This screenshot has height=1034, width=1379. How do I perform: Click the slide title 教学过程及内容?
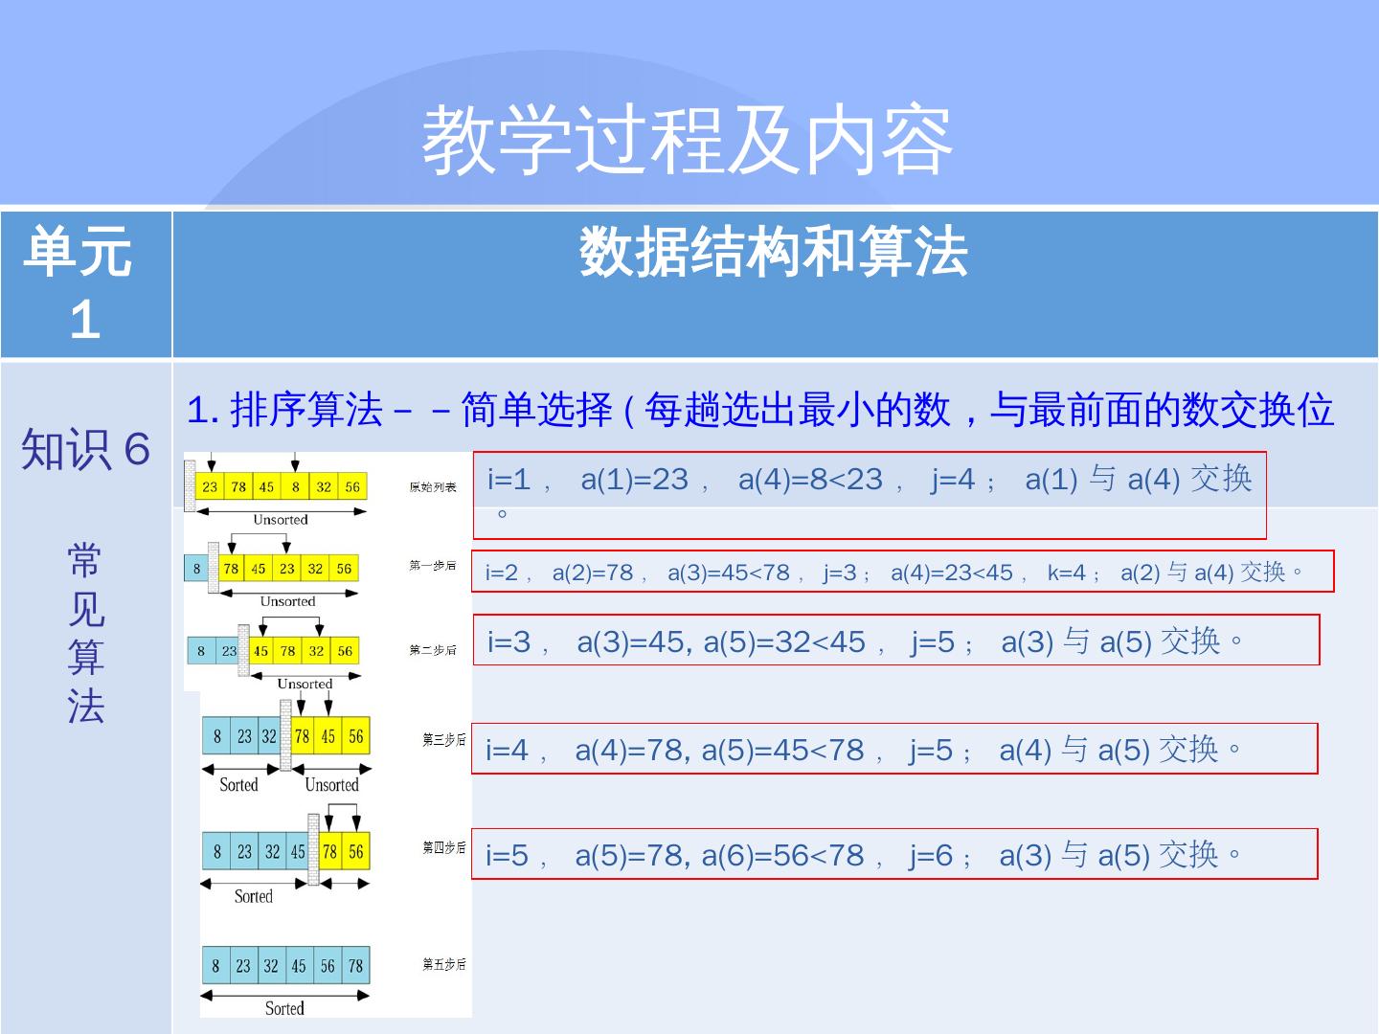(688, 141)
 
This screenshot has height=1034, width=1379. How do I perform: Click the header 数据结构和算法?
(774, 253)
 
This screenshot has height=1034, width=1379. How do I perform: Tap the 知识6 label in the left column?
(85, 448)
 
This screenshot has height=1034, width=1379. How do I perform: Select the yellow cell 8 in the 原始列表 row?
(296, 486)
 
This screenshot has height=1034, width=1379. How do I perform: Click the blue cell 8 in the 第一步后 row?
(197, 568)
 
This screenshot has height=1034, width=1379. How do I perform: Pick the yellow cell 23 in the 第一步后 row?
(287, 568)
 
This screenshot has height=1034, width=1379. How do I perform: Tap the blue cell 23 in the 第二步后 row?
(229, 651)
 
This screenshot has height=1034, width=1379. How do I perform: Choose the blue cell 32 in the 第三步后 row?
(269, 736)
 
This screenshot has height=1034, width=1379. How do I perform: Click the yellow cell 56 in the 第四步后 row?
(356, 851)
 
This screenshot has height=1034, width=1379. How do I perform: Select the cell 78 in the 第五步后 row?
(355, 966)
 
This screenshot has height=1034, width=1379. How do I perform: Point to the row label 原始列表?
(433, 487)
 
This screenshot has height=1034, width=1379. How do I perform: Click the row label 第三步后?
(444, 739)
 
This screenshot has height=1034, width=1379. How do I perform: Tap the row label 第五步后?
(444, 964)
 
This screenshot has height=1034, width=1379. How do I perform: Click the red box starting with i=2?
(902, 572)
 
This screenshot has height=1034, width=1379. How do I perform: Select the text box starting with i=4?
(893, 749)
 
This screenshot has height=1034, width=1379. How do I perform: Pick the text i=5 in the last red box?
(508, 855)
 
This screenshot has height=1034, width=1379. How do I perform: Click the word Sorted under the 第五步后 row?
(284, 1008)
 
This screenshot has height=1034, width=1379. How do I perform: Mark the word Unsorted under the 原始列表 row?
(281, 520)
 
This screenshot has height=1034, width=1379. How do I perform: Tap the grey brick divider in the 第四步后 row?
(313, 849)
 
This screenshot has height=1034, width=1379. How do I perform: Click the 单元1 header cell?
(85, 284)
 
